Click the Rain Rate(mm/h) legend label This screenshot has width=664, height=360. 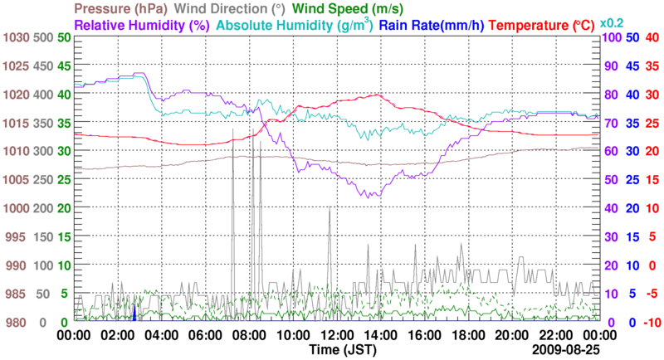point(432,25)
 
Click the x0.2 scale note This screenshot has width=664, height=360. point(613,22)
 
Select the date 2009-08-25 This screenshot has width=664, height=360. point(569,350)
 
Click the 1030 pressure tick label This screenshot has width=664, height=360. point(17,38)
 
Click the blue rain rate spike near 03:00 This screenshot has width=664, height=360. point(134,312)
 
